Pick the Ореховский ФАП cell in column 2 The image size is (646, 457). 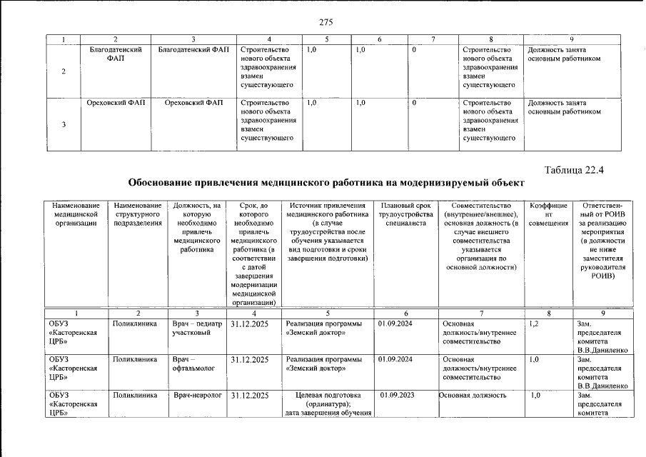(x=116, y=103)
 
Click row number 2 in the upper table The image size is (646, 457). (x=65, y=71)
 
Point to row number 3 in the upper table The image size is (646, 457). (x=65, y=125)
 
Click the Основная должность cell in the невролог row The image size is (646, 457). (x=473, y=395)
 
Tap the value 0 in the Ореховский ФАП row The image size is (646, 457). (x=414, y=103)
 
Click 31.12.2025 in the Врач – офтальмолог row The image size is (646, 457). (x=250, y=359)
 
